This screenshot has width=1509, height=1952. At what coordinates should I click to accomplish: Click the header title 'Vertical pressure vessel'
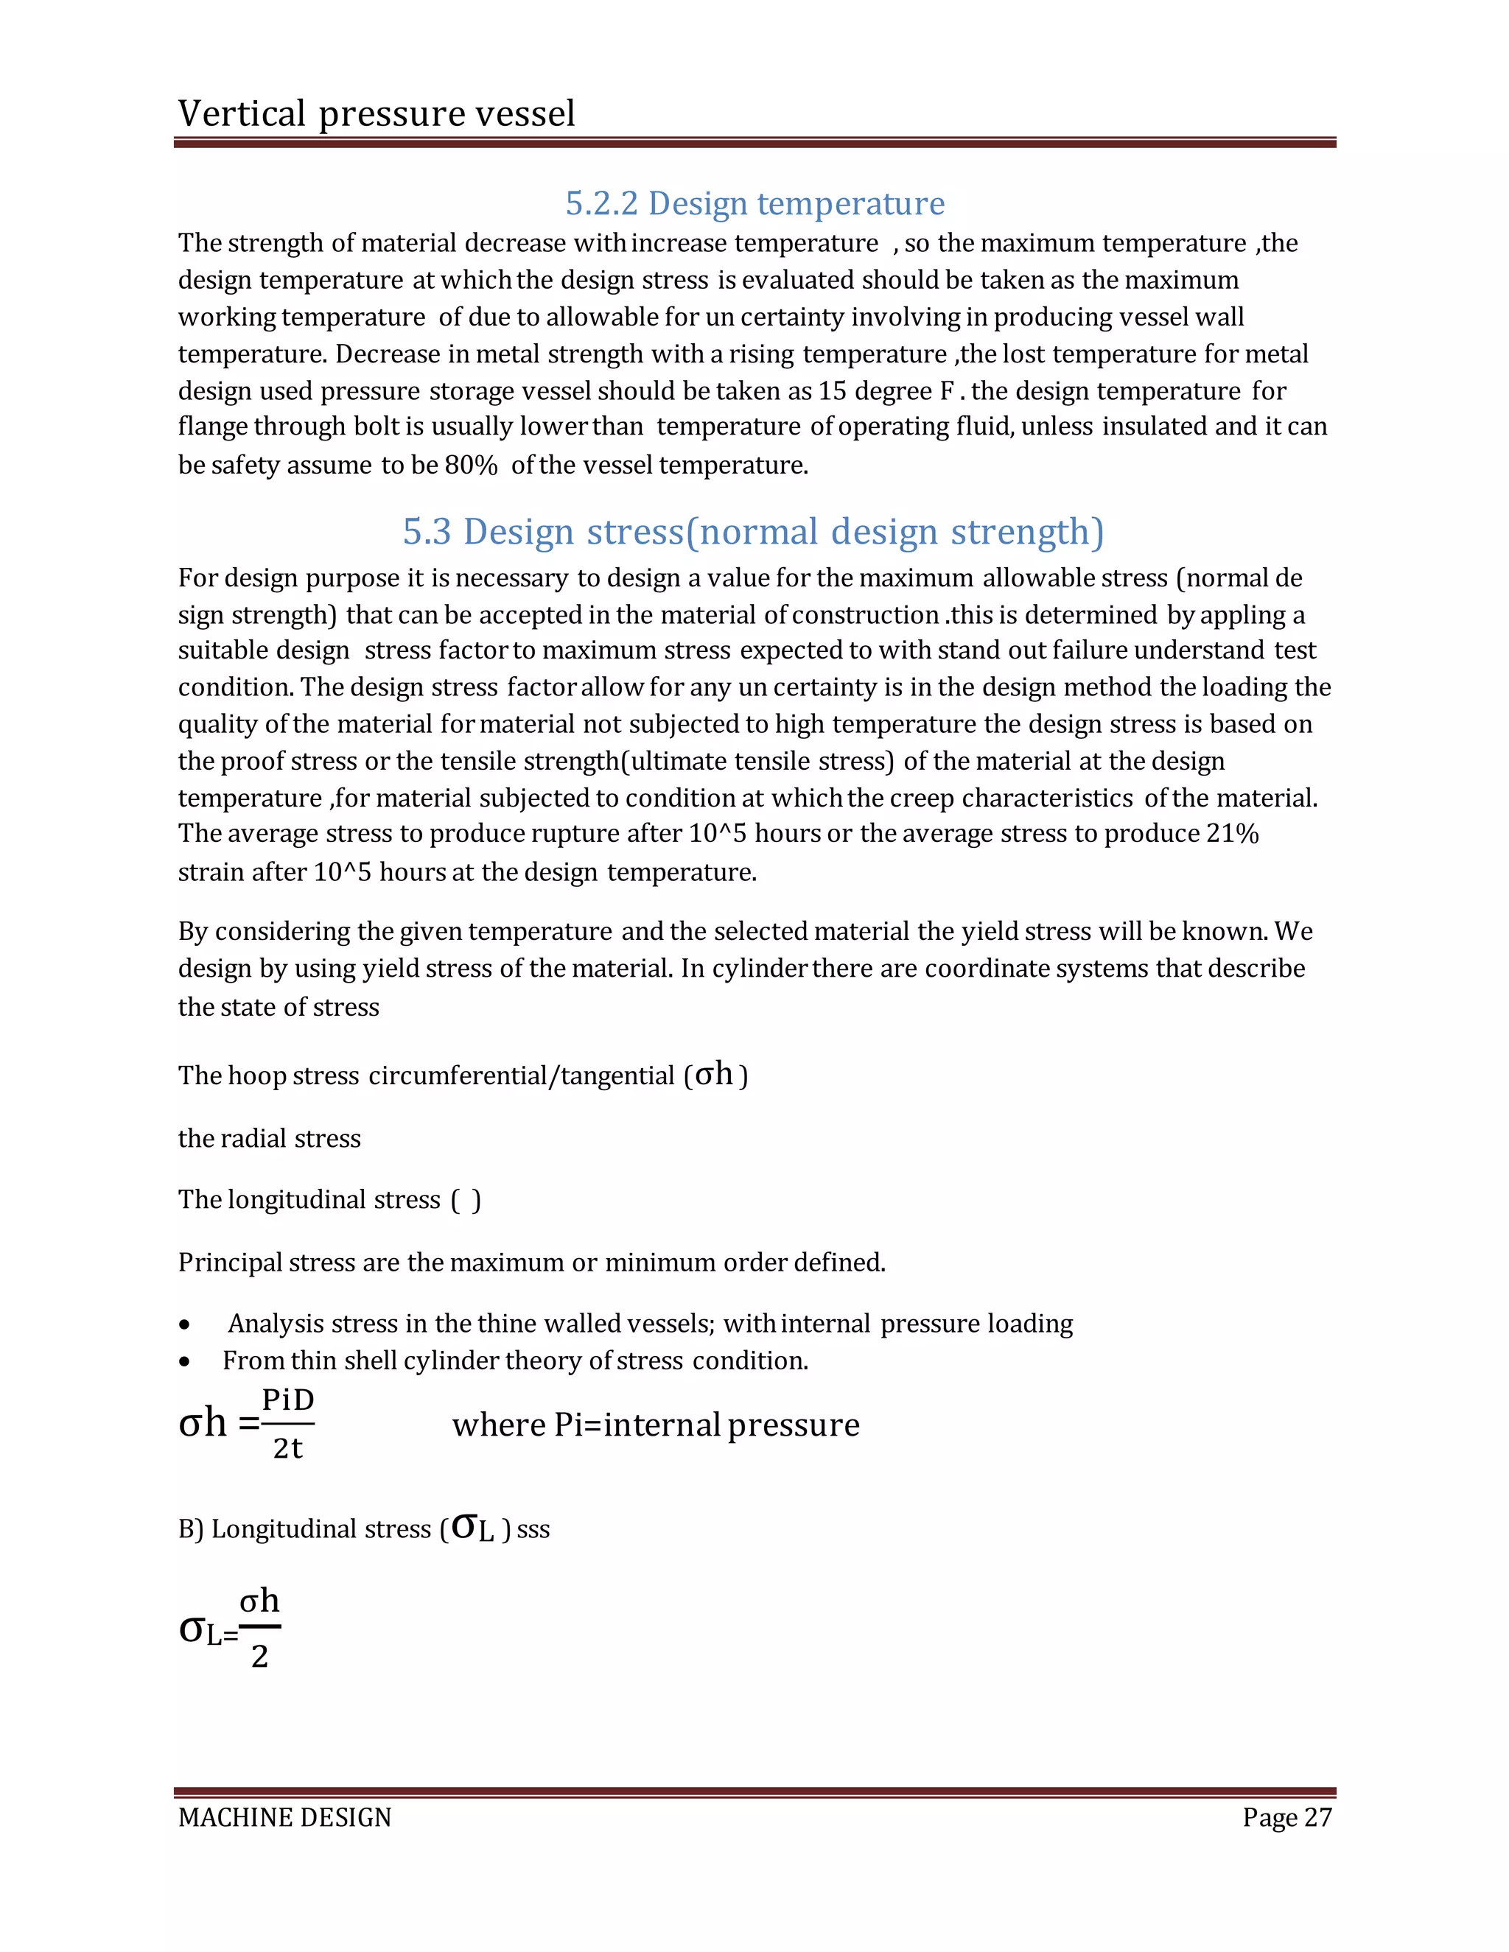[x=377, y=113]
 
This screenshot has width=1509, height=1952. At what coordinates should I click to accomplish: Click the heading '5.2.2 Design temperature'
[x=754, y=204]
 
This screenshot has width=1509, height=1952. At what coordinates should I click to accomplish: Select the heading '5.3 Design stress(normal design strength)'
[x=753, y=532]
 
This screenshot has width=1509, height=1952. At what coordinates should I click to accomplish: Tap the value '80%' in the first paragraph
[x=470, y=466]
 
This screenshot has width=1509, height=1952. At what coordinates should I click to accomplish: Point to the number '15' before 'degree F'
[x=833, y=391]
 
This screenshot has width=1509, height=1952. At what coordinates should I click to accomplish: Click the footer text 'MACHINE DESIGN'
[x=284, y=1818]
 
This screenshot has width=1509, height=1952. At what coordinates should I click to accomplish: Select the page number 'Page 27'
[x=1286, y=1818]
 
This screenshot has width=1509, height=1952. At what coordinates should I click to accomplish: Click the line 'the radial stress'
[x=269, y=1139]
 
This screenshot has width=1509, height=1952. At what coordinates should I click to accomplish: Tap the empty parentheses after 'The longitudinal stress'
[x=466, y=1201]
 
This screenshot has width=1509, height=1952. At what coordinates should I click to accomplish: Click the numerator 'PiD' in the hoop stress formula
[x=288, y=1400]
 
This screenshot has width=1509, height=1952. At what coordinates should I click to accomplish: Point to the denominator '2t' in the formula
[x=288, y=1448]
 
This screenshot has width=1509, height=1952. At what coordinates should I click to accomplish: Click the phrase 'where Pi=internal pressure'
[x=655, y=1425]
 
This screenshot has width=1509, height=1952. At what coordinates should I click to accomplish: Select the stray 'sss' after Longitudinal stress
[x=533, y=1529]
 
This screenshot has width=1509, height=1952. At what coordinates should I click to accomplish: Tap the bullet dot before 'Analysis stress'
[x=184, y=1324]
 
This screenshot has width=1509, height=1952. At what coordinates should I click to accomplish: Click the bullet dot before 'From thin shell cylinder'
[x=184, y=1362]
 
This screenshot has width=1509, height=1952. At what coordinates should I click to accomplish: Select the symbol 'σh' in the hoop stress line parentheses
[x=713, y=1073]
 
